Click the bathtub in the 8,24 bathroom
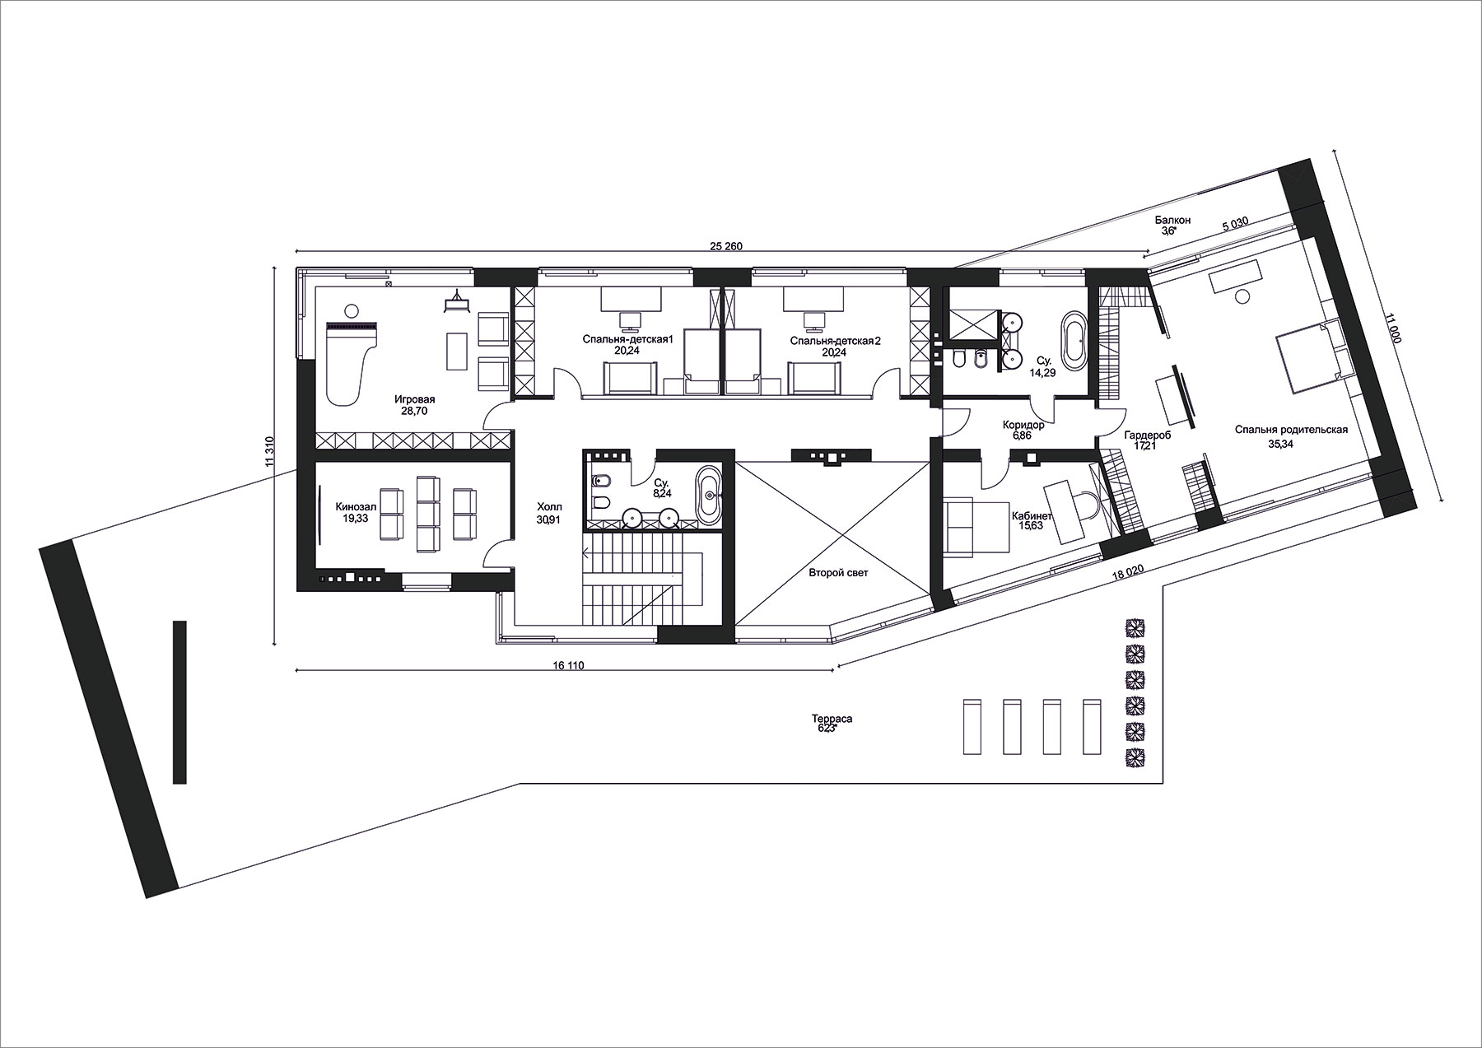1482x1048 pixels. coord(709,495)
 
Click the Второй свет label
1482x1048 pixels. coord(837,572)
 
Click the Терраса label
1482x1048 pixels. coord(832,719)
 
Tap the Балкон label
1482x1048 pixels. coord(1172,221)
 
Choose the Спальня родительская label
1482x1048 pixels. coord(1291,429)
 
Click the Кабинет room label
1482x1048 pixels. coord(1032,516)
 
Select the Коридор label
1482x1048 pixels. coord(1023,425)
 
